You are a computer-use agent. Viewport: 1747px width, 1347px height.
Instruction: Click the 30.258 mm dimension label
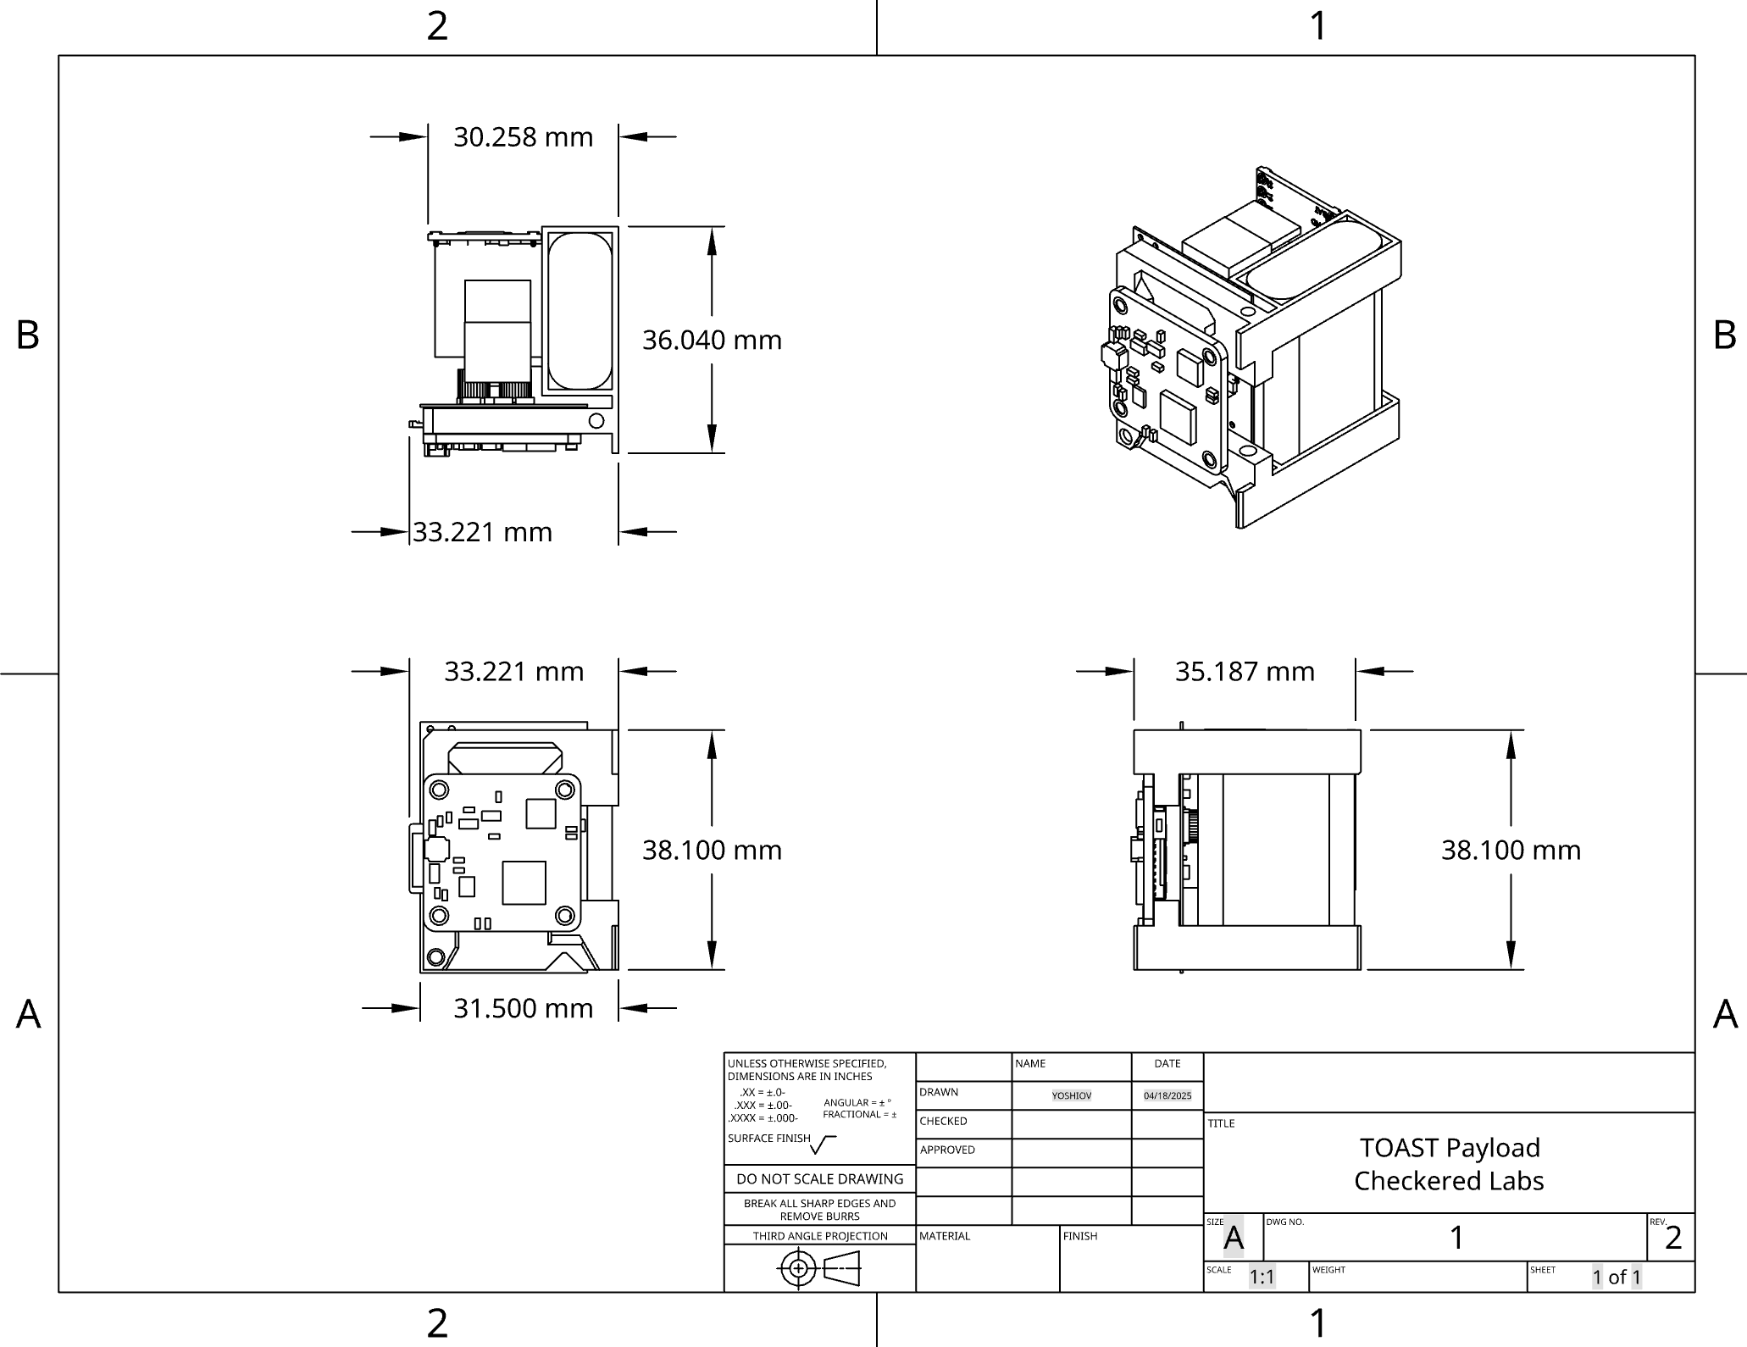pyautogui.click(x=523, y=136)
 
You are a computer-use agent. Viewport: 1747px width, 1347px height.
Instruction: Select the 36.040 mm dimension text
pyautogui.click(x=712, y=340)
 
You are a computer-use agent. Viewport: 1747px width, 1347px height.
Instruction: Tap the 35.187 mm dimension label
pyautogui.click(x=1244, y=671)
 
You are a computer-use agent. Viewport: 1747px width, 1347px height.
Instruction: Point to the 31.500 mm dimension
pyautogui.click(x=523, y=1008)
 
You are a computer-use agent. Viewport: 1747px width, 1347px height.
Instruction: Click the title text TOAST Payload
pyautogui.click(x=1449, y=1147)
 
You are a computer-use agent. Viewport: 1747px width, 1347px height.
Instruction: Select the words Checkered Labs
pyautogui.click(x=1449, y=1180)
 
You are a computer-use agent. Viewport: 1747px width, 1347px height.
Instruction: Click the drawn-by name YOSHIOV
pyautogui.click(x=1071, y=1095)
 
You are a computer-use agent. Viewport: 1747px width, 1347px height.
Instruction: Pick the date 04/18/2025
pyautogui.click(x=1167, y=1095)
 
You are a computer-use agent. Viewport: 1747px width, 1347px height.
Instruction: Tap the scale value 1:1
pyautogui.click(x=1262, y=1277)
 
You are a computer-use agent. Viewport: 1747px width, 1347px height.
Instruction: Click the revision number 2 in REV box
pyautogui.click(x=1672, y=1238)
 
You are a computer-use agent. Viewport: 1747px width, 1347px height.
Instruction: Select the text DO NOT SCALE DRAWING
pyautogui.click(x=819, y=1178)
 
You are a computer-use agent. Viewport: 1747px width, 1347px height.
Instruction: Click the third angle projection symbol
pyautogui.click(x=818, y=1268)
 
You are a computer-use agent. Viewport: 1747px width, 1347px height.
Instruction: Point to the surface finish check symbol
pyautogui.click(x=823, y=1145)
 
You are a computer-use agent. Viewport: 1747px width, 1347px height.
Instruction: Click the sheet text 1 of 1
pyautogui.click(x=1616, y=1277)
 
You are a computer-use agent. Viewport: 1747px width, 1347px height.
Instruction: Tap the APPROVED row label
pyautogui.click(x=947, y=1150)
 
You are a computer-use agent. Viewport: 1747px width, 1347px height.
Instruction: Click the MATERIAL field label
pyautogui.click(x=944, y=1236)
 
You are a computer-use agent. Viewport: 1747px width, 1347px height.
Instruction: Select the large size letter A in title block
pyautogui.click(x=1233, y=1239)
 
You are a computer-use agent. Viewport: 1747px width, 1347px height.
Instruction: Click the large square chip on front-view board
pyautogui.click(x=524, y=883)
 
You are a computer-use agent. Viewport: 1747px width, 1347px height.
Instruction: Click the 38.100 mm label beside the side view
pyautogui.click(x=1511, y=850)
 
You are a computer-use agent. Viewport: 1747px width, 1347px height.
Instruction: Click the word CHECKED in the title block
pyautogui.click(x=943, y=1121)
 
